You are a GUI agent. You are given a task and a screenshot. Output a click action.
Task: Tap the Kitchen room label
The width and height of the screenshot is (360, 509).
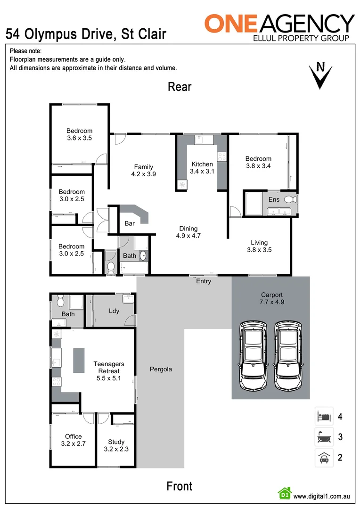click(202, 164)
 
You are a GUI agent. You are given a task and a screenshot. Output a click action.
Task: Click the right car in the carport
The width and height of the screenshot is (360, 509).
click(288, 355)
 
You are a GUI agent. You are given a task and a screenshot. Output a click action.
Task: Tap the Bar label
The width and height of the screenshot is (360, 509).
click(130, 223)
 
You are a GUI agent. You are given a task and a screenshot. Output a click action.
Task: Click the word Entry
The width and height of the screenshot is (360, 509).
click(204, 281)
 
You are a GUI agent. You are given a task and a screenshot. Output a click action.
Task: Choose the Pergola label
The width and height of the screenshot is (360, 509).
click(161, 369)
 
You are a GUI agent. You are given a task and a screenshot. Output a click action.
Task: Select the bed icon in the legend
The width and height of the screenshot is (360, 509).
click(324, 416)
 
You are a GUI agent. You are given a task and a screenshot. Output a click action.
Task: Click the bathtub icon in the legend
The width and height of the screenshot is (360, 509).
click(324, 437)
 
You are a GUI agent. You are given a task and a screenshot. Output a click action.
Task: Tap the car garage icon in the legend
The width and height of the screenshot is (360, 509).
click(324, 457)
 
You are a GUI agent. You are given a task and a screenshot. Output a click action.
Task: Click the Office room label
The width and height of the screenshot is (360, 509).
click(74, 436)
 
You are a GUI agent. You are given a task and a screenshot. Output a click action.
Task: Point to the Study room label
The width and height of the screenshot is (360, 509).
click(116, 442)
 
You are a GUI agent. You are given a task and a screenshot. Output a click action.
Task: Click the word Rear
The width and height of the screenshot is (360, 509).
click(180, 87)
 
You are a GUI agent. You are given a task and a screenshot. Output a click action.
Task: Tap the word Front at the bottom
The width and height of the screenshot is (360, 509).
click(180, 486)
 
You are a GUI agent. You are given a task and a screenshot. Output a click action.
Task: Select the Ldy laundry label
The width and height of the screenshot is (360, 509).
click(114, 311)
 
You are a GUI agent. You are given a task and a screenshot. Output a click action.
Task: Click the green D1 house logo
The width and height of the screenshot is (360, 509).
click(285, 493)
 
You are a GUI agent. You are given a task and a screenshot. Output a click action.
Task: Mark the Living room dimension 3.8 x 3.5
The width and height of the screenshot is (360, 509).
click(259, 250)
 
